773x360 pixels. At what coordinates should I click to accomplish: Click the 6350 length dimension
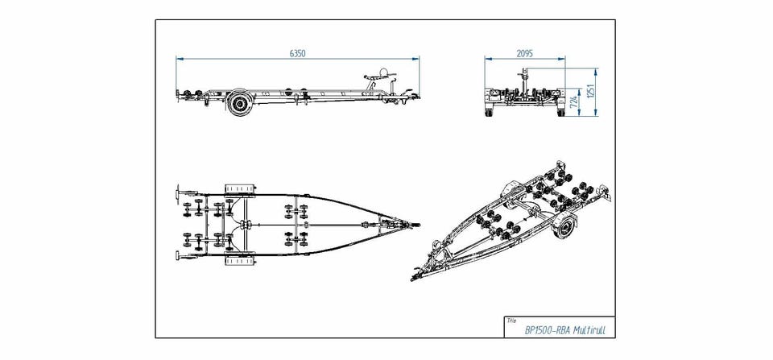point(297,53)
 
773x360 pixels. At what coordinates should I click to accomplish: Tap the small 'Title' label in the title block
point(511,320)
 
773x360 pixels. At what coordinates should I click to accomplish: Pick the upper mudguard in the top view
point(239,188)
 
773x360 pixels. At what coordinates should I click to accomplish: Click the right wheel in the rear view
point(557,111)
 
